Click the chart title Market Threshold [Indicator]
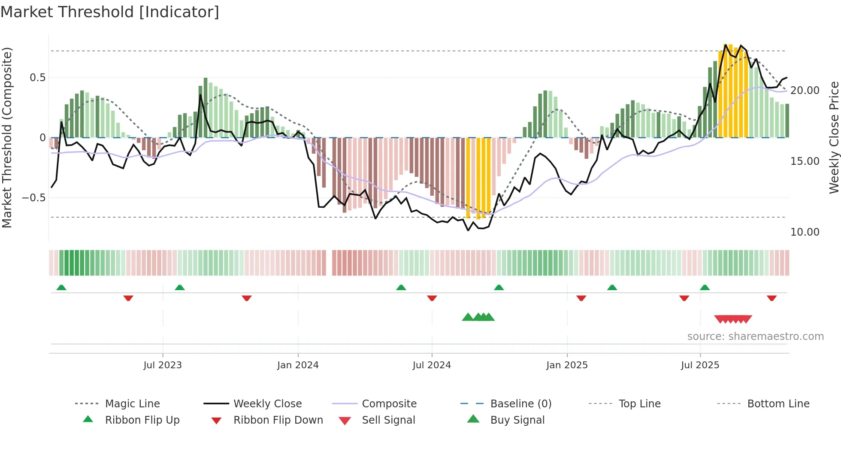[x=110, y=12]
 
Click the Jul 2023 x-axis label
[x=163, y=365]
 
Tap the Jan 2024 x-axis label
[x=298, y=365]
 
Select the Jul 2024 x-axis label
[x=432, y=365]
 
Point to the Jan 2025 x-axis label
[x=567, y=365]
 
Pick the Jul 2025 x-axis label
[x=700, y=365]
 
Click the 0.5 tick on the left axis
[x=37, y=78]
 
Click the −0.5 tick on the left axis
[x=34, y=198]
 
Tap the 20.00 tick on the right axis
[x=805, y=91]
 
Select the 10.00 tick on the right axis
[x=805, y=232]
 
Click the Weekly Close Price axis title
[x=834, y=137]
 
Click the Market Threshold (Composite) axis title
[x=7, y=137]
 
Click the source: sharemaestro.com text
[x=755, y=337]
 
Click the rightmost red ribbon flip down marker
[x=771, y=298]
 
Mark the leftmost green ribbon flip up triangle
[x=61, y=288]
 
